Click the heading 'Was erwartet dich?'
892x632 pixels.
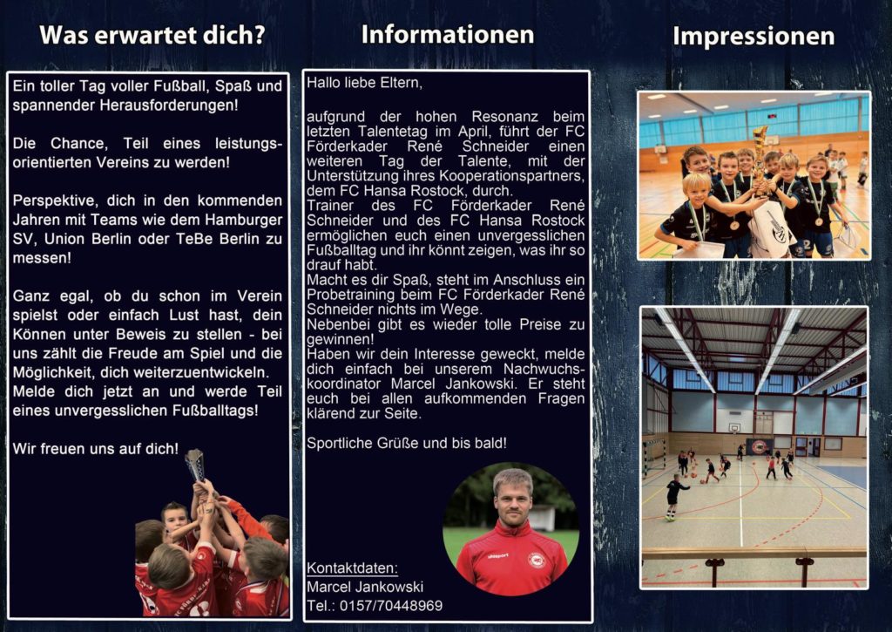point(152,35)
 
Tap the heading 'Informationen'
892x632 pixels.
point(448,35)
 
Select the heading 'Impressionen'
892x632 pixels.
point(753,37)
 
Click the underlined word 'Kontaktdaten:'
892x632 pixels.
point(352,568)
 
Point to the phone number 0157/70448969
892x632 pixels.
point(391,606)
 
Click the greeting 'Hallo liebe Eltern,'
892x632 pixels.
point(365,83)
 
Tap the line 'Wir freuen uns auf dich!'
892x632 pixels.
point(96,449)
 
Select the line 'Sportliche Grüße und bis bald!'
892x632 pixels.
point(407,443)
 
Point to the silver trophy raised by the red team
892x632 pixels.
point(194,465)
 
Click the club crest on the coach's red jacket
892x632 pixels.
point(536,561)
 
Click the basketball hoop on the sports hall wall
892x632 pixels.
point(734,427)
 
